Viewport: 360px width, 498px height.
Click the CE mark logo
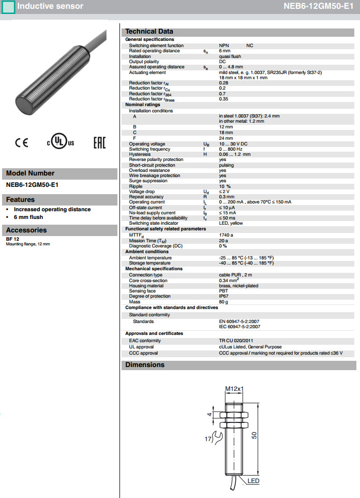coord(22,143)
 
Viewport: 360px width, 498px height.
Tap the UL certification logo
coord(61,142)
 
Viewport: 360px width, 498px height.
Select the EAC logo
coord(99,143)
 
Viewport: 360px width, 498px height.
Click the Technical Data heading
coord(149,32)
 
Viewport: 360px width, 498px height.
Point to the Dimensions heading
coord(145,365)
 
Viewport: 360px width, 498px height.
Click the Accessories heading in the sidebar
coord(26,230)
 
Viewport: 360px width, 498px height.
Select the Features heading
coord(21,200)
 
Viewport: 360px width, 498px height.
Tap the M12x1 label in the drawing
coord(234,389)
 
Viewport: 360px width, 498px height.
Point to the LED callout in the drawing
coord(253,481)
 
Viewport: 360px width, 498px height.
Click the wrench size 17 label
coord(209,439)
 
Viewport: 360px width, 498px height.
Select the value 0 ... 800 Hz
coord(231,149)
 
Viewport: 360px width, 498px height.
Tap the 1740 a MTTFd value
coord(226,235)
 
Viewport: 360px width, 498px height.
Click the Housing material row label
coord(146,286)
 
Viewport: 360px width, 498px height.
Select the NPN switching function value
coord(224,46)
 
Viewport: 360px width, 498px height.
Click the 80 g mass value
coord(223,302)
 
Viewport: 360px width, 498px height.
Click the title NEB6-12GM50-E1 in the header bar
coord(319,7)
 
